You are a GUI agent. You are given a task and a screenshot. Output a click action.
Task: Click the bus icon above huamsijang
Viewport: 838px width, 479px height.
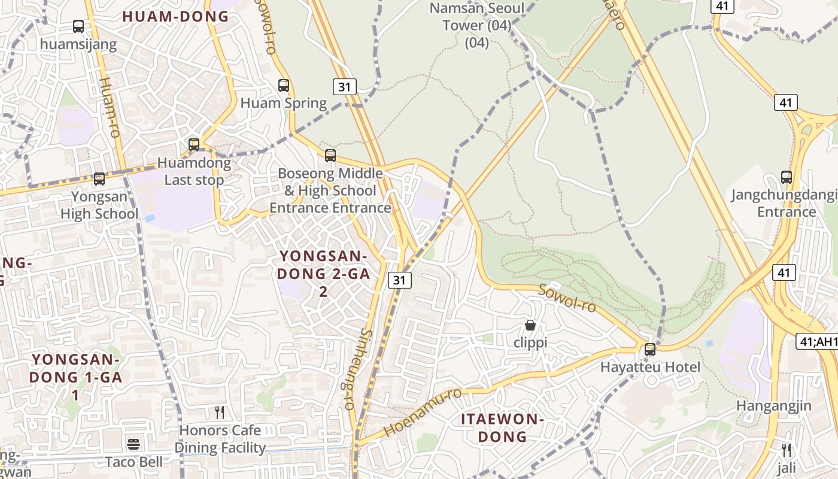click(78, 26)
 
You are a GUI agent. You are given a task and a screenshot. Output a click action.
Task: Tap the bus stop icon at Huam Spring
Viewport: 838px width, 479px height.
click(284, 86)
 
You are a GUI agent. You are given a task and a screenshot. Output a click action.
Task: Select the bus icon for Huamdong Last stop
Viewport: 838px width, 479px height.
click(194, 145)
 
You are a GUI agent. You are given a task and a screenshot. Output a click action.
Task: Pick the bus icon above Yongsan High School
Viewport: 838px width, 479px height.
click(99, 179)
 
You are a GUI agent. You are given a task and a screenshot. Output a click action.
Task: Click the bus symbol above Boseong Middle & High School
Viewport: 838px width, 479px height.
click(330, 156)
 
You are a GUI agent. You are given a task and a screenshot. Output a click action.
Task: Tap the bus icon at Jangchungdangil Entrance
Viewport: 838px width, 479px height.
click(787, 177)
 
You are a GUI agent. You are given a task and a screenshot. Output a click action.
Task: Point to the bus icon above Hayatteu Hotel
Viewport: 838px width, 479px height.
click(650, 350)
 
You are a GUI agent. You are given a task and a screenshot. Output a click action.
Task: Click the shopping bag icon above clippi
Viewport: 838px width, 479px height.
click(530, 326)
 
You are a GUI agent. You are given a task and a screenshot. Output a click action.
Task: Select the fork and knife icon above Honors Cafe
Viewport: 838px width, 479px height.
click(220, 413)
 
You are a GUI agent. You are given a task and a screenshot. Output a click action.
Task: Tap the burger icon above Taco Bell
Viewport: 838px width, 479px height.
click(133, 445)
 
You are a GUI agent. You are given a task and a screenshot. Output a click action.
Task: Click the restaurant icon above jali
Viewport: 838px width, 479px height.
click(787, 450)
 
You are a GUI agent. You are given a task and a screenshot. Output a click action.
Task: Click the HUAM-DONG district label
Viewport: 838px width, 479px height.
click(176, 17)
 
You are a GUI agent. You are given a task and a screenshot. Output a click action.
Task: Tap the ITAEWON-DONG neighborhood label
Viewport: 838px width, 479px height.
click(502, 428)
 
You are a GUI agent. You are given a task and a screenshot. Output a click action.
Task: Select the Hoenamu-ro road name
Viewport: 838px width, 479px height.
click(423, 413)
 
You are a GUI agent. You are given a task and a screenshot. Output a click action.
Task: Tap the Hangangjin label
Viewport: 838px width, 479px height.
click(773, 405)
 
